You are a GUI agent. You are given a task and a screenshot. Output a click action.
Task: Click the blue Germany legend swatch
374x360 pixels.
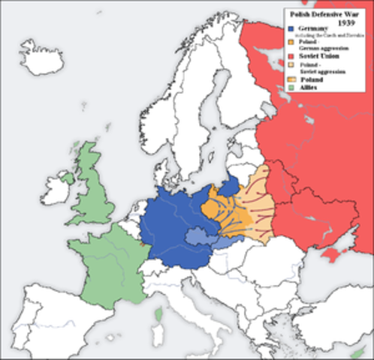point(291,28)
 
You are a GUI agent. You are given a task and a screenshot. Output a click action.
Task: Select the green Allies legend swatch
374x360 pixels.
point(291,88)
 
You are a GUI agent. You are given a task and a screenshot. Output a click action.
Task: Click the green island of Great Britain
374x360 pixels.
point(92,191)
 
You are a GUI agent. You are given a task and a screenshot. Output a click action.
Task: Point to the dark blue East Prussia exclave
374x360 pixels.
point(230,184)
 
